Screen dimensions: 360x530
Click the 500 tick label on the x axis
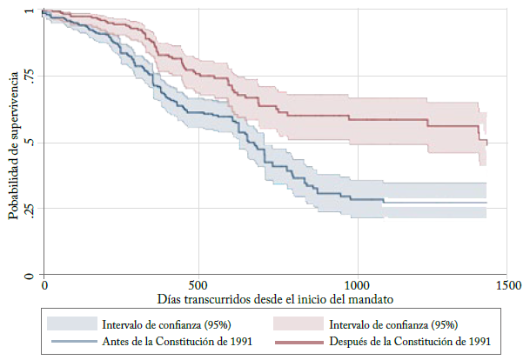(199, 285)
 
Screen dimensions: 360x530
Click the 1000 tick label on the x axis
(356, 285)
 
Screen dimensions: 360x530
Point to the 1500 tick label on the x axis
(509, 285)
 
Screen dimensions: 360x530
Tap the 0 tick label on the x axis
(44, 285)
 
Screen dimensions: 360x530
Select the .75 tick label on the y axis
(30, 77)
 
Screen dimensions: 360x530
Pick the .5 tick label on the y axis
(30, 143)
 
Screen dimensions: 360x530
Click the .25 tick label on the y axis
(30, 209)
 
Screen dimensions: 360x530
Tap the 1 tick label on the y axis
(30, 11)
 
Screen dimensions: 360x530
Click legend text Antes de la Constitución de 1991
(177, 340)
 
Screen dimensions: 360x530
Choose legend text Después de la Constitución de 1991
(414, 340)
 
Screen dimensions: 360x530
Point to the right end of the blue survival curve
(486, 203)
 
